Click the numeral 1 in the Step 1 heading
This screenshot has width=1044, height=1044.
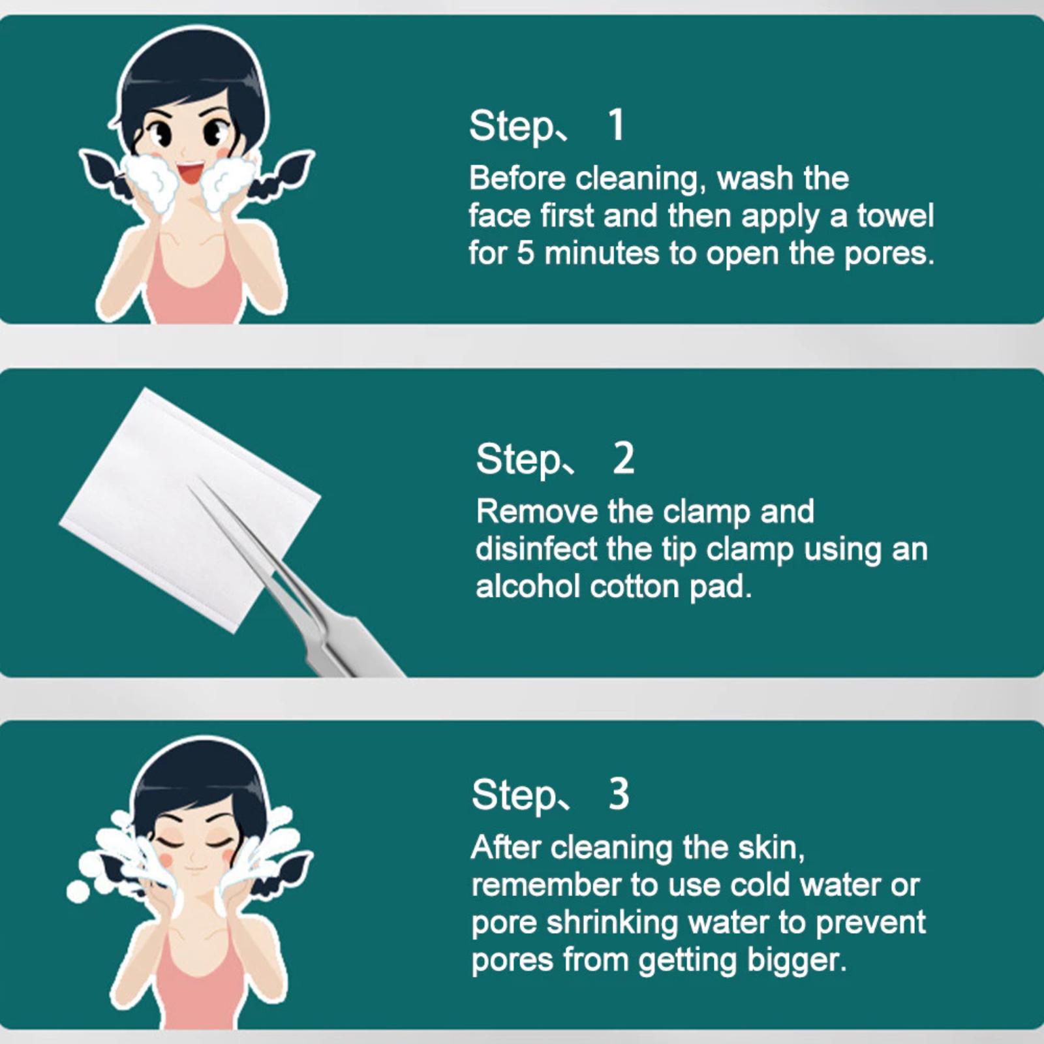616,125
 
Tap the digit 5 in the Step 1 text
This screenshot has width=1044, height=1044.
525,254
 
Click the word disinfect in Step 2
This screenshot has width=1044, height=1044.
536,549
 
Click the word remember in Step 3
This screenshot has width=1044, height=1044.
545,885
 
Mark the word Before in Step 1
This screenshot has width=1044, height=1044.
517,178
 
